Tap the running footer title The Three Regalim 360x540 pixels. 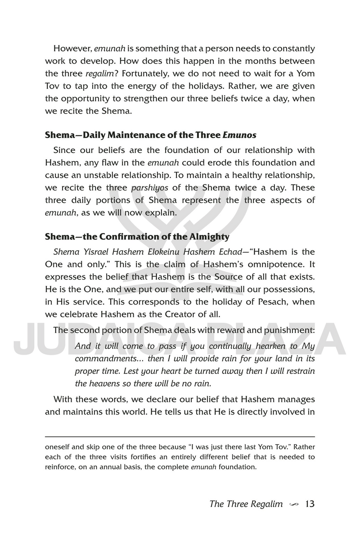click(x=246, y=504)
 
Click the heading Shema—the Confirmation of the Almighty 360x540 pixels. click(x=137, y=236)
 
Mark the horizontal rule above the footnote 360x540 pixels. click(x=180, y=436)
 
